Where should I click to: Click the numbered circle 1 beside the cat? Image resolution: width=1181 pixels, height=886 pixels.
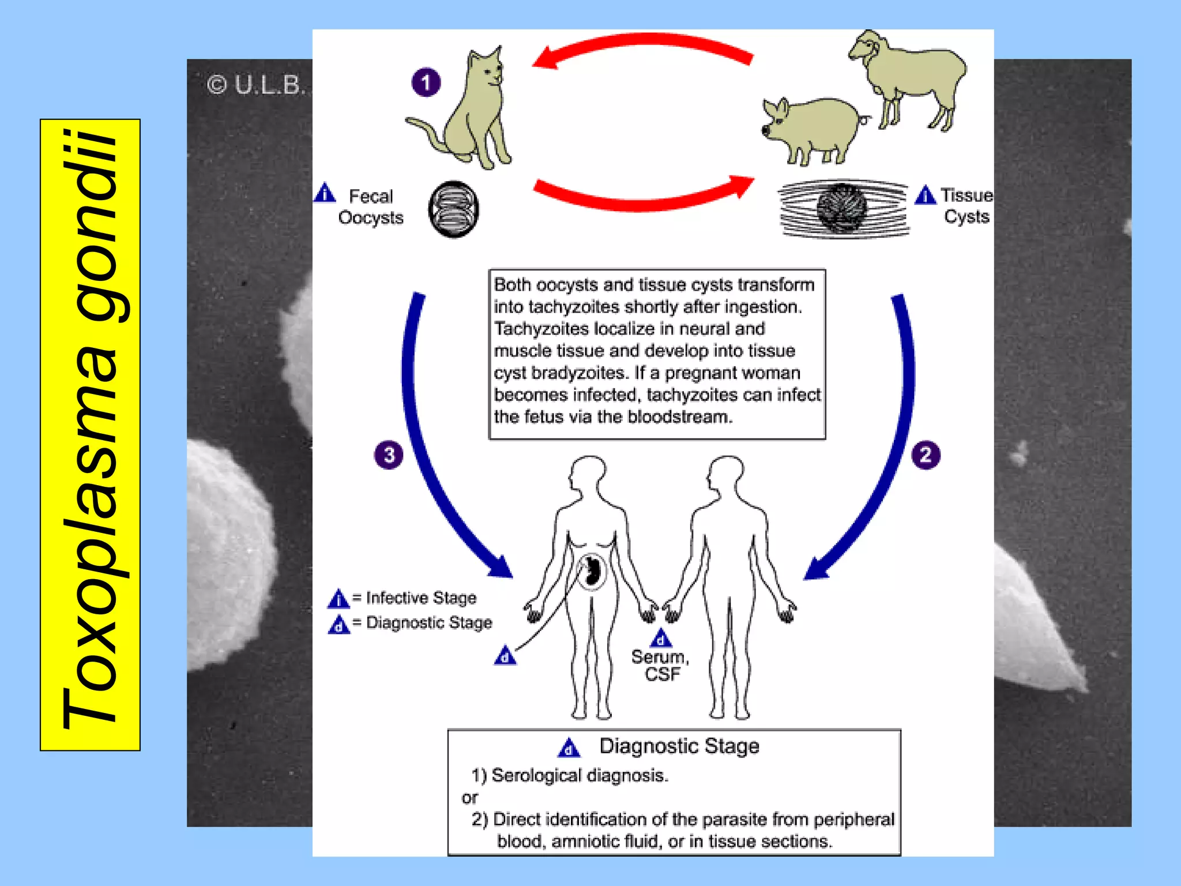(426, 82)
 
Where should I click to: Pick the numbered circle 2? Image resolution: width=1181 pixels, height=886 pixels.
(926, 455)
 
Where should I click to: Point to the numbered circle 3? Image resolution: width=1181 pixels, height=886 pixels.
(389, 455)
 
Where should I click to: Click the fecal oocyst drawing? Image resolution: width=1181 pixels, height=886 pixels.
(454, 209)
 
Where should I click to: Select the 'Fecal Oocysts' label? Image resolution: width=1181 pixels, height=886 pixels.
(371, 207)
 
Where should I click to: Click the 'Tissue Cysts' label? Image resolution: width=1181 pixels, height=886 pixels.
(966, 206)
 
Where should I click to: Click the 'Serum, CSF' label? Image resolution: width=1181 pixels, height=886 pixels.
(661, 665)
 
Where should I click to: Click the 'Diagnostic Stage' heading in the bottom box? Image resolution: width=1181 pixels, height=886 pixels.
(679, 746)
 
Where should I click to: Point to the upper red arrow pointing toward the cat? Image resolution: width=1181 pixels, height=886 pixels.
(640, 46)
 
